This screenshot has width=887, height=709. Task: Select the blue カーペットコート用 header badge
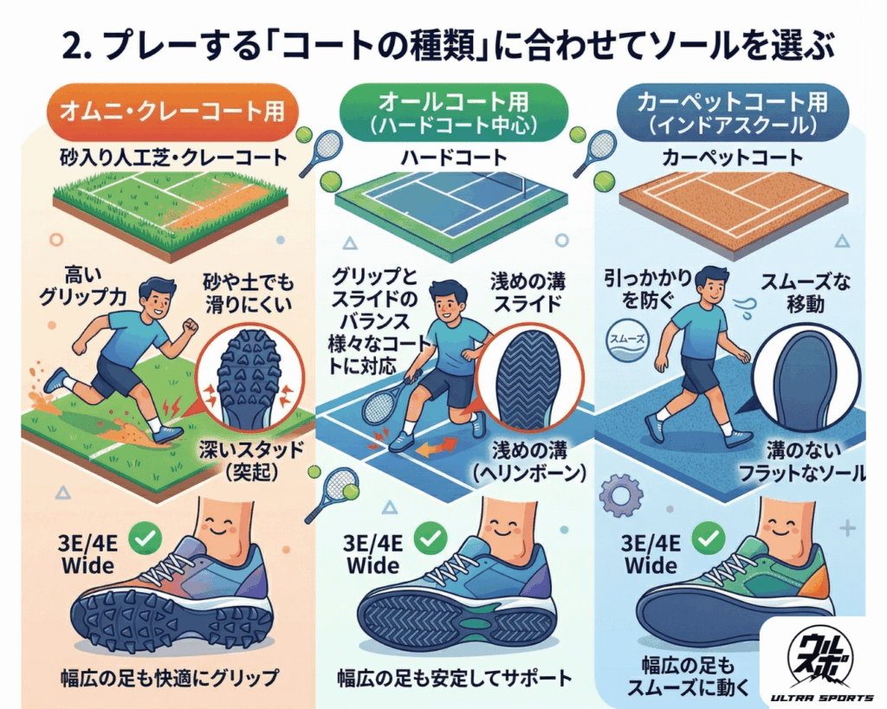[733, 113]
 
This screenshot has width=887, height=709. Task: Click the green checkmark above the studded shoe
[145, 538]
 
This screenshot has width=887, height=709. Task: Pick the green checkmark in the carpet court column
[710, 538]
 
